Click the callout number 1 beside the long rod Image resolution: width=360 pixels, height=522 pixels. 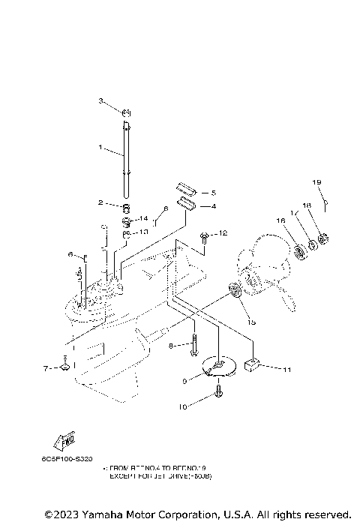pos(100,148)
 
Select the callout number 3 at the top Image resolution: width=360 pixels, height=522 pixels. pos(100,100)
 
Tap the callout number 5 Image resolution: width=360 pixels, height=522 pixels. pos(213,193)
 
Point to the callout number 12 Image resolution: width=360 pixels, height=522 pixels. pos(223,234)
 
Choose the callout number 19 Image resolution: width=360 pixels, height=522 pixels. pos(316,182)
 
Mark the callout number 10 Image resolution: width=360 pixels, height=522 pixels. pos(181,406)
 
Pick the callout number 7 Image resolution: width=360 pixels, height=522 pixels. pos(44,368)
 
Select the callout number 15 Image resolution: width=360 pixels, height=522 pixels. pos(251,322)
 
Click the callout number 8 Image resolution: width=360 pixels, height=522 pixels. pos(172,345)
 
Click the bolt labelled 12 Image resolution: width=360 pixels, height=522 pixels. pos(204,238)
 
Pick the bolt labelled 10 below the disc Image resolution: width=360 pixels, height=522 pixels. pos(218,391)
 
